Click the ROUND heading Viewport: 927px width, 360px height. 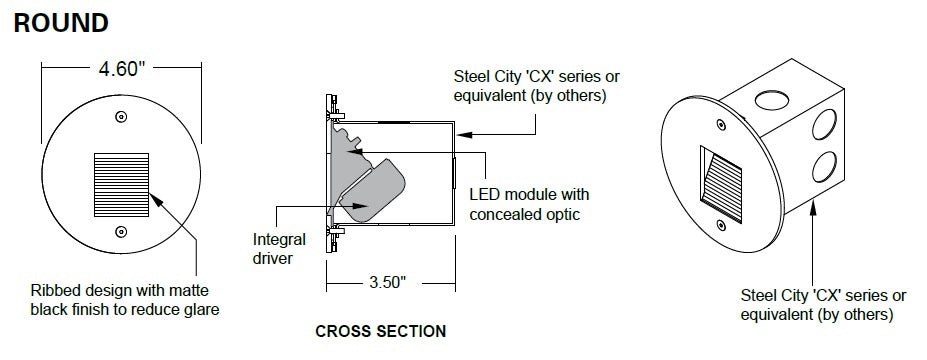tap(61, 22)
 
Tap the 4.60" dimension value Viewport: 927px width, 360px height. tap(121, 70)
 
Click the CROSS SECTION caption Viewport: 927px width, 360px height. tap(380, 331)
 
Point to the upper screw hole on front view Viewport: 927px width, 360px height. tap(120, 117)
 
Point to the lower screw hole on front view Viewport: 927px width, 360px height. tap(120, 232)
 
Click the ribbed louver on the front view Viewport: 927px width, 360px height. tap(120, 181)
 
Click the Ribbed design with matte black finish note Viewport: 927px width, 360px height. tap(124, 300)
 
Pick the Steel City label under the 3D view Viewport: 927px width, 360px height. tap(823, 305)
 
